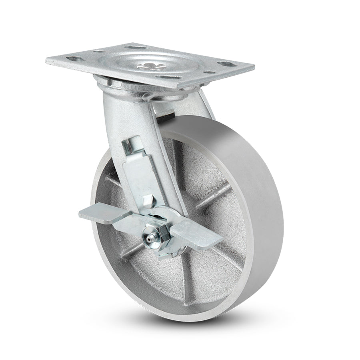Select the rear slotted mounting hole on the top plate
tap(130, 48)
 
